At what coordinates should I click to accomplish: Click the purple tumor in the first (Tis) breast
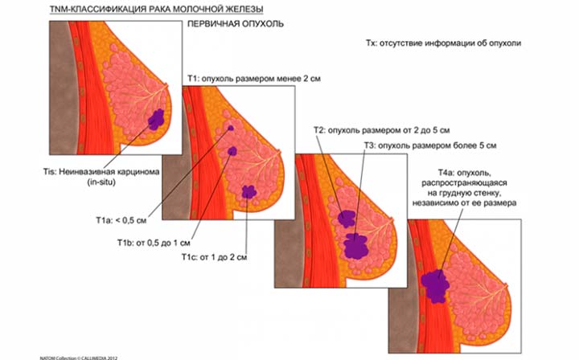click(x=155, y=120)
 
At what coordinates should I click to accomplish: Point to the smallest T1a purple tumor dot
click(x=231, y=129)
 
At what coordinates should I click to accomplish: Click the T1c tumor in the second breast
click(x=249, y=192)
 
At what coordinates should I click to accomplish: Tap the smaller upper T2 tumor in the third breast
click(x=347, y=217)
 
